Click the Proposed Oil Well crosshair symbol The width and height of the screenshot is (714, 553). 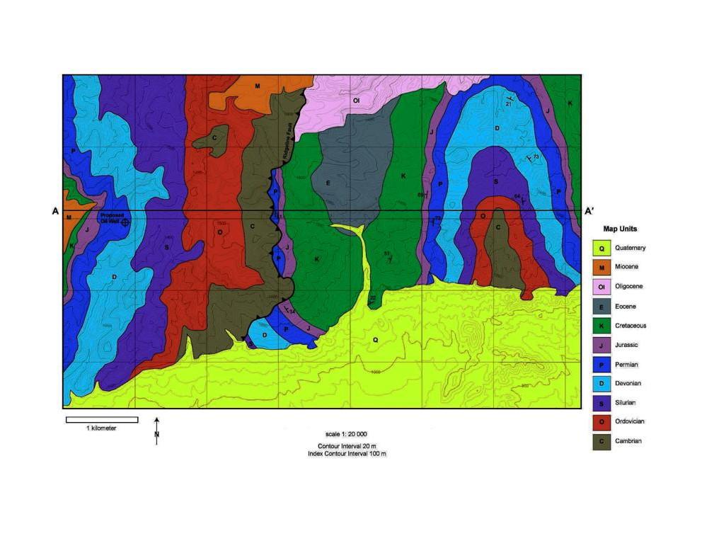125,222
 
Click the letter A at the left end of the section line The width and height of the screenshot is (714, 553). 55,211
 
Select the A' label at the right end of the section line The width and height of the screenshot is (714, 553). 589,211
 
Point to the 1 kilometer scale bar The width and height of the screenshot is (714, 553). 102,420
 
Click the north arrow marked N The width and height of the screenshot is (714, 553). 156,431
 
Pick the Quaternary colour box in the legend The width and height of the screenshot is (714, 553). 601,249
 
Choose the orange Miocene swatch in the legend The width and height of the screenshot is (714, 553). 601,268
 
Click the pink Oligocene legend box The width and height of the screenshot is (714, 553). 601,287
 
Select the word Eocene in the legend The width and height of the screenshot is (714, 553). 626,307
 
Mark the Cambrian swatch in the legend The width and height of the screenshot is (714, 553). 601,441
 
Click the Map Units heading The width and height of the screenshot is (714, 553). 619,229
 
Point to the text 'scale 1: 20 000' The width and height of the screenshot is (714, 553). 346,434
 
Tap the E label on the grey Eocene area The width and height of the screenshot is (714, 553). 328,183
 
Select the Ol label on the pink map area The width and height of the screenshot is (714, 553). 357,101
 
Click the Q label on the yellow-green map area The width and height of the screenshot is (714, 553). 375,340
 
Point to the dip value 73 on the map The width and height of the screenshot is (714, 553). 536,156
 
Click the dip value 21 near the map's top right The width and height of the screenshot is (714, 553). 508,104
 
